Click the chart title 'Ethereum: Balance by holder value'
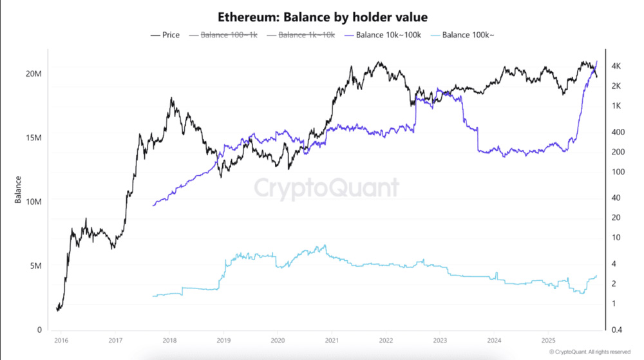coord(322,17)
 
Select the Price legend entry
coord(165,35)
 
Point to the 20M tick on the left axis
coord(33,74)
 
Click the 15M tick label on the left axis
coord(33,138)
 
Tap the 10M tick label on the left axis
coord(33,202)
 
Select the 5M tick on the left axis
coord(35,266)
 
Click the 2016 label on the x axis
coord(61,341)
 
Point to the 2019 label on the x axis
coord(223,341)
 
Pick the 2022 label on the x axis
coord(386,341)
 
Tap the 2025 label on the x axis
coord(548,341)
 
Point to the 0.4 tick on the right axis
coord(616,330)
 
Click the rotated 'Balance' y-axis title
coord(18,189)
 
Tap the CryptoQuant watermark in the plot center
coord(326,188)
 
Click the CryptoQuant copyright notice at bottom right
coord(589,352)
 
